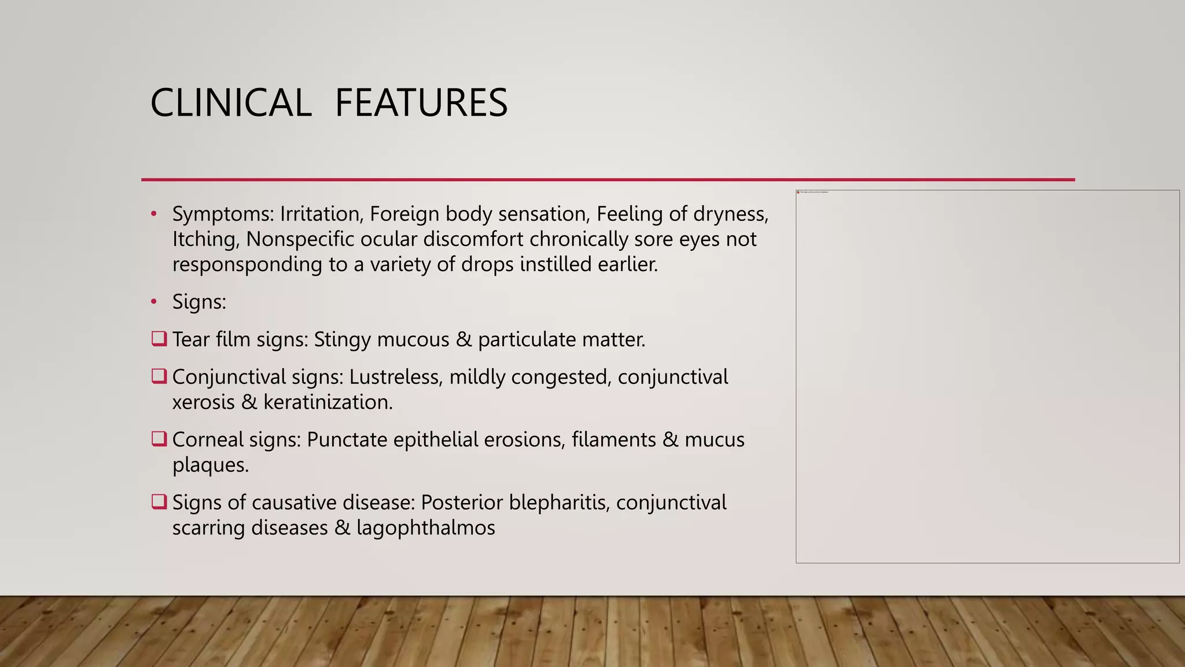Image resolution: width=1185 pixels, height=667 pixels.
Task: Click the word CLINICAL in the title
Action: coord(230,103)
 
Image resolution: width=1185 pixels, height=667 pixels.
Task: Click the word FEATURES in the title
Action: coord(421,103)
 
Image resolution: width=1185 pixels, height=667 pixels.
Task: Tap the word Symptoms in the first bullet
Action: coord(222,214)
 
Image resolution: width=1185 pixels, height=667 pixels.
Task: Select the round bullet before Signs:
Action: coord(154,302)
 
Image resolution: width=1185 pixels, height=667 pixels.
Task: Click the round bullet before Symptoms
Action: coord(154,214)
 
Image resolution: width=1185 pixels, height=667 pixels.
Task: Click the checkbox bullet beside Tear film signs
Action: coord(159,338)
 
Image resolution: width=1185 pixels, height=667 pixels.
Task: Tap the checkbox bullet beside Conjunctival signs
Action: coord(159,376)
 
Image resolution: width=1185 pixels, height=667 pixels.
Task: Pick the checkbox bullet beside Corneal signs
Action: coord(159,439)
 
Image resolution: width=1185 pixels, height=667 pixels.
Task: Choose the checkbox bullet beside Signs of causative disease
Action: coord(159,501)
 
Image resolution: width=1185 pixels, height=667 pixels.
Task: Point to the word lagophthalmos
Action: coord(425,528)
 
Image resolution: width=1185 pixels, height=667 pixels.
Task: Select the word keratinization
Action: coord(327,402)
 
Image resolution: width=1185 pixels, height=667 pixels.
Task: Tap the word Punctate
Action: coord(347,439)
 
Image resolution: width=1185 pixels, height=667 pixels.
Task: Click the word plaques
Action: coord(210,465)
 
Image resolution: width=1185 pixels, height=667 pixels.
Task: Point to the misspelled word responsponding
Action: coord(247,265)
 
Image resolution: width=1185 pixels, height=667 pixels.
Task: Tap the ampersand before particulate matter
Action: coord(463,339)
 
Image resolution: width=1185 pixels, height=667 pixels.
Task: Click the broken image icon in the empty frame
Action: coord(798,192)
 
